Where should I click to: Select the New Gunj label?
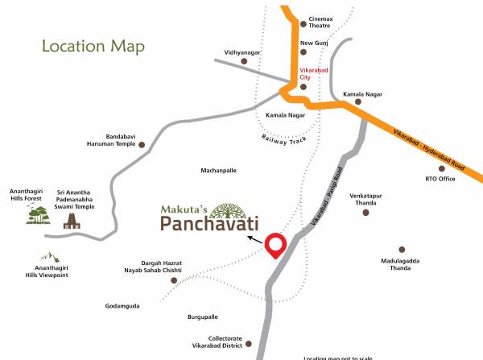coord(314,43)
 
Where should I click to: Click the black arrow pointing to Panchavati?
coord(254,240)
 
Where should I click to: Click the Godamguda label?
coord(122,306)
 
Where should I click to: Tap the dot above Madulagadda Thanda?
coord(402,250)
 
